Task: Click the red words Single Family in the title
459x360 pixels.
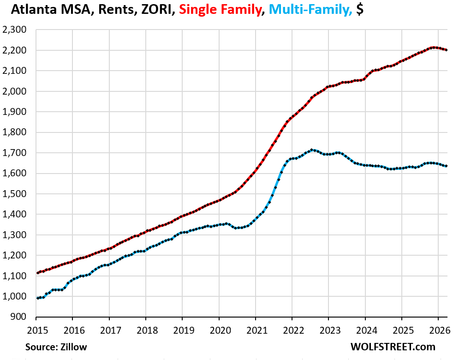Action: [220, 9]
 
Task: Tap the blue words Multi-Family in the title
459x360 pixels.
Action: [310, 9]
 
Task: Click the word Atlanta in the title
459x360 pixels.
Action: [34, 9]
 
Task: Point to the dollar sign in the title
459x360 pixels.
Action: [360, 9]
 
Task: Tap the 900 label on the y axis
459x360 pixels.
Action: [18, 317]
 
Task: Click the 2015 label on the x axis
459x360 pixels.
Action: [37, 330]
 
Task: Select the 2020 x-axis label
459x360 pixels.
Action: [221, 330]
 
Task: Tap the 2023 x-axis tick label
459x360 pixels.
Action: [330, 330]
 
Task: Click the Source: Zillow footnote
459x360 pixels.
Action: [56, 347]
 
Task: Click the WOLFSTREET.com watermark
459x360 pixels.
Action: [393, 347]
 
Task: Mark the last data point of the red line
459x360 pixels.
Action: [446, 50]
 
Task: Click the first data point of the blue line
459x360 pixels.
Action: [38, 298]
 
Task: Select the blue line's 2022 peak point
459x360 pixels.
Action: [312, 150]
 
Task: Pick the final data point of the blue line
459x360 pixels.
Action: [446, 166]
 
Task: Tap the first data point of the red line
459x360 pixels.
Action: [38, 273]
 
